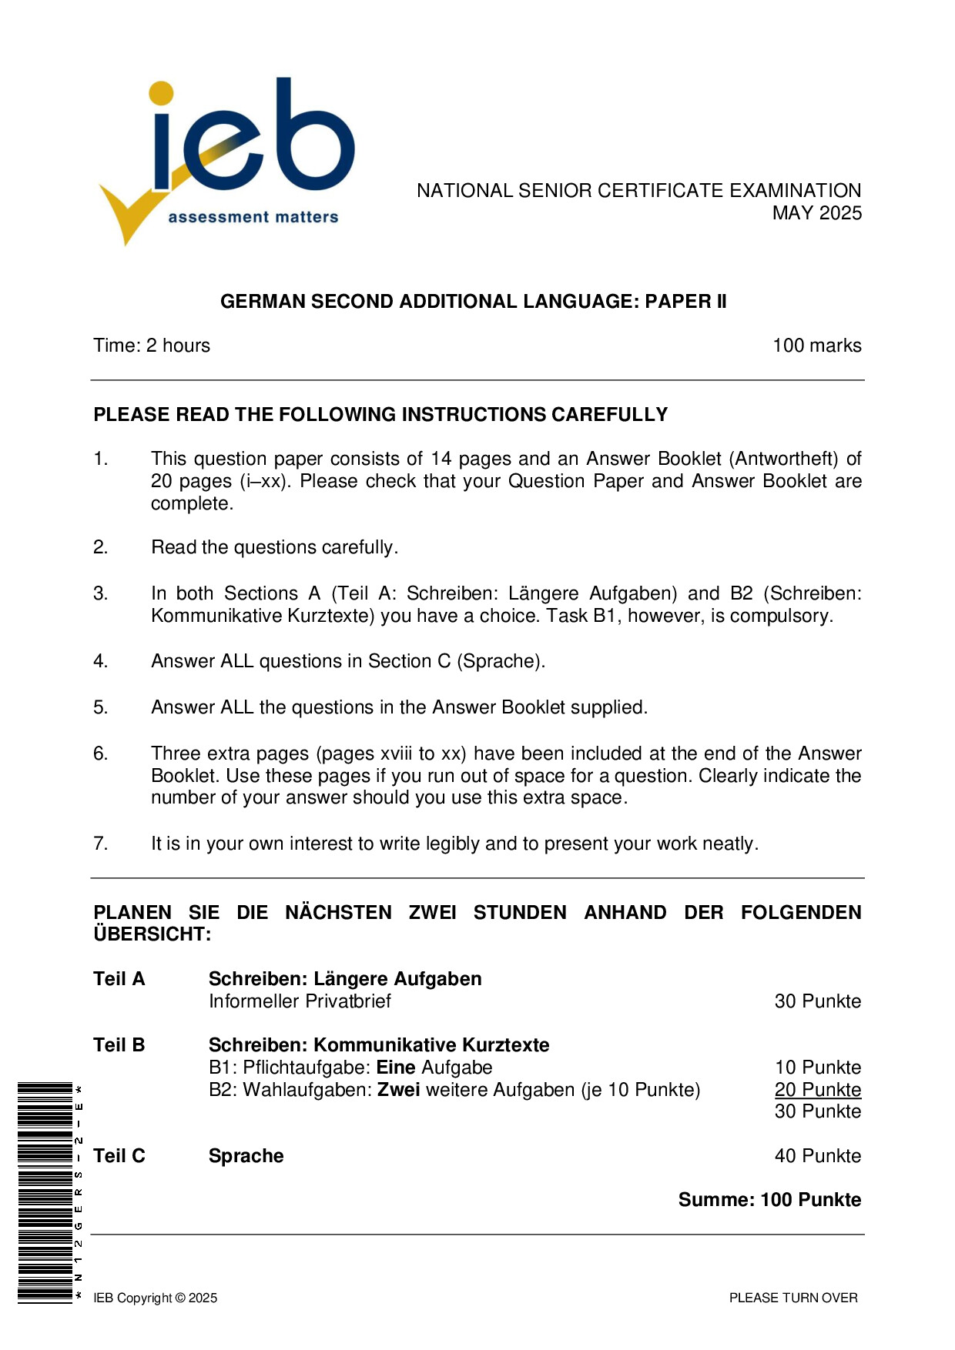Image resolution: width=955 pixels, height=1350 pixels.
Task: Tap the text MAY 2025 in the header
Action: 816,213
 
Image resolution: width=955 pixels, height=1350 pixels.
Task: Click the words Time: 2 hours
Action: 152,346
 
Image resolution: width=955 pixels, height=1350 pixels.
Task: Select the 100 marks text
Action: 816,346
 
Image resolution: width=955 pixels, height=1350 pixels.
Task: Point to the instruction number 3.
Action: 101,593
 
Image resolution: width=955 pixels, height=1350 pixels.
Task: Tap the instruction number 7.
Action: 101,844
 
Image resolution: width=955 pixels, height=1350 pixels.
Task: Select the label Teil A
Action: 119,979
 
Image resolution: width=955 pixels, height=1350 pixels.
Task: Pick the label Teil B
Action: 119,1045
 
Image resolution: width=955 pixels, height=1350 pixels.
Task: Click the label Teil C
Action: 119,1156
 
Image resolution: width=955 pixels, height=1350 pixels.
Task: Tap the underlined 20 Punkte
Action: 817,1090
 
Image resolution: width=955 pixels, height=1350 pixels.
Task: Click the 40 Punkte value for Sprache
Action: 817,1156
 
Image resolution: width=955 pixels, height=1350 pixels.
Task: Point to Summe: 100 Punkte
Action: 769,1200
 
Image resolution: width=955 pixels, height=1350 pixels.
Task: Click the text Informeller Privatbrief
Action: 300,1001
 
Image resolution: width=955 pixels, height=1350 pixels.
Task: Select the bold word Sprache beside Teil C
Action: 246,1156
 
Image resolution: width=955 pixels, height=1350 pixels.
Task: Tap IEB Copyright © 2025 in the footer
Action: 155,1298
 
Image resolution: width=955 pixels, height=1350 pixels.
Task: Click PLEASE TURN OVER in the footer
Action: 793,1298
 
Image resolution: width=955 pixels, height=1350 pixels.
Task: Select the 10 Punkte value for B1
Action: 817,1068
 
